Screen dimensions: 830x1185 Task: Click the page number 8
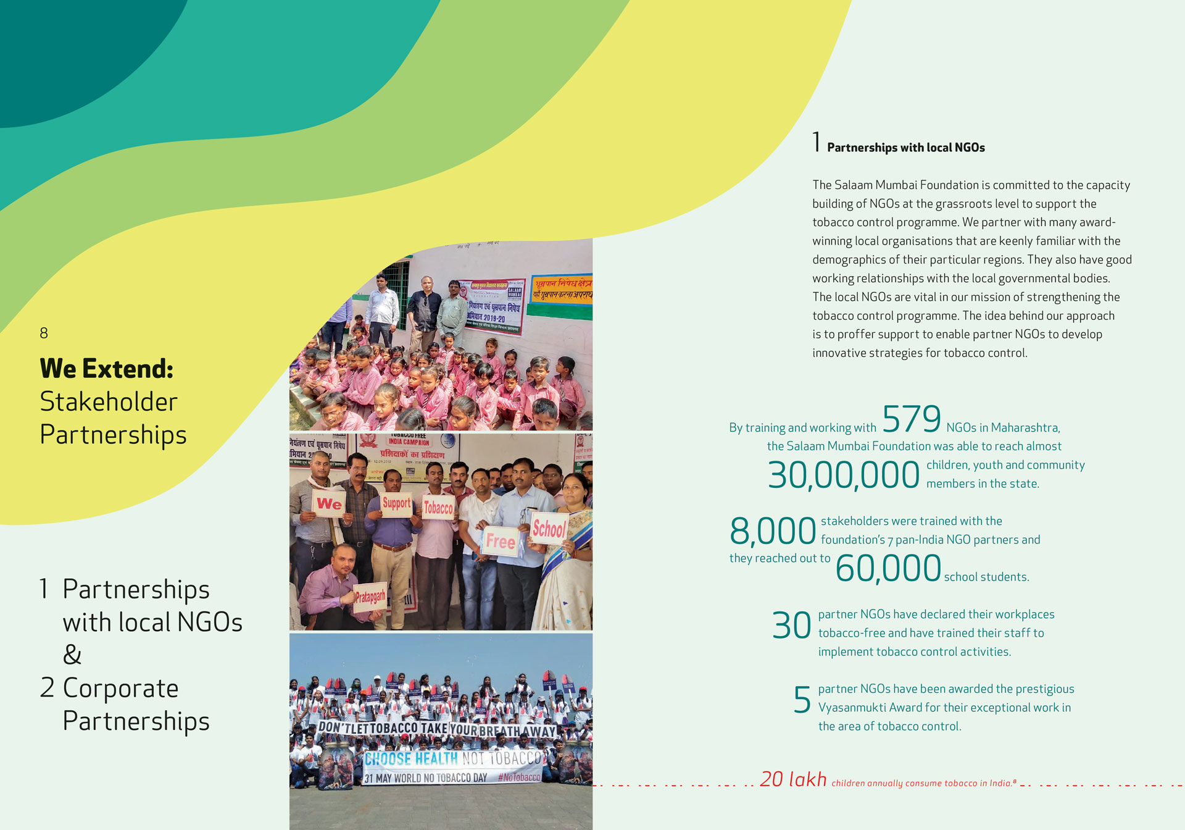pos(44,333)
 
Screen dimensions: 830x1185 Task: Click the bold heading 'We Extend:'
pos(107,369)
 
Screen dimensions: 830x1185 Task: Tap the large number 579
pos(911,419)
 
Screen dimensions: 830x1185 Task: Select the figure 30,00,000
pos(843,476)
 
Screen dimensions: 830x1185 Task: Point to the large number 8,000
pos(773,531)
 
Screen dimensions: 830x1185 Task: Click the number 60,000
pos(888,568)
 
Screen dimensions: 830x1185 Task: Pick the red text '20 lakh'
pos(793,779)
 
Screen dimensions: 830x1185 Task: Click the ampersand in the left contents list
pos(72,655)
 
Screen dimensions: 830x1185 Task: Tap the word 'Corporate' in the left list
pos(120,688)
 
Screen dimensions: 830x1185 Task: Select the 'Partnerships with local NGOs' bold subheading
pos(905,148)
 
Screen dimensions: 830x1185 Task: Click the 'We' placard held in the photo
pos(329,504)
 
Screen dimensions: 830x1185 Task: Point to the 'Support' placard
pos(396,503)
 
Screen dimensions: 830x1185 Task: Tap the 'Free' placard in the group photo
pos(500,542)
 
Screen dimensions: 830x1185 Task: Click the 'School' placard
pos(549,529)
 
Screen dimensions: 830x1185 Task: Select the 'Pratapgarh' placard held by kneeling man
pos(370,597)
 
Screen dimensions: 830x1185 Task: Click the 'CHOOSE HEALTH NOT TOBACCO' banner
pos(452,758)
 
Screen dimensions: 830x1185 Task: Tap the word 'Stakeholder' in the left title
pos(109,402)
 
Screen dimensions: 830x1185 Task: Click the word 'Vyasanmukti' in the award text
pos(852,708)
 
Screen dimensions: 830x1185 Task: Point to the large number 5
pos(802,700)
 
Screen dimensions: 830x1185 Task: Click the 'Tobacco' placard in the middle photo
pos(438,508)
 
